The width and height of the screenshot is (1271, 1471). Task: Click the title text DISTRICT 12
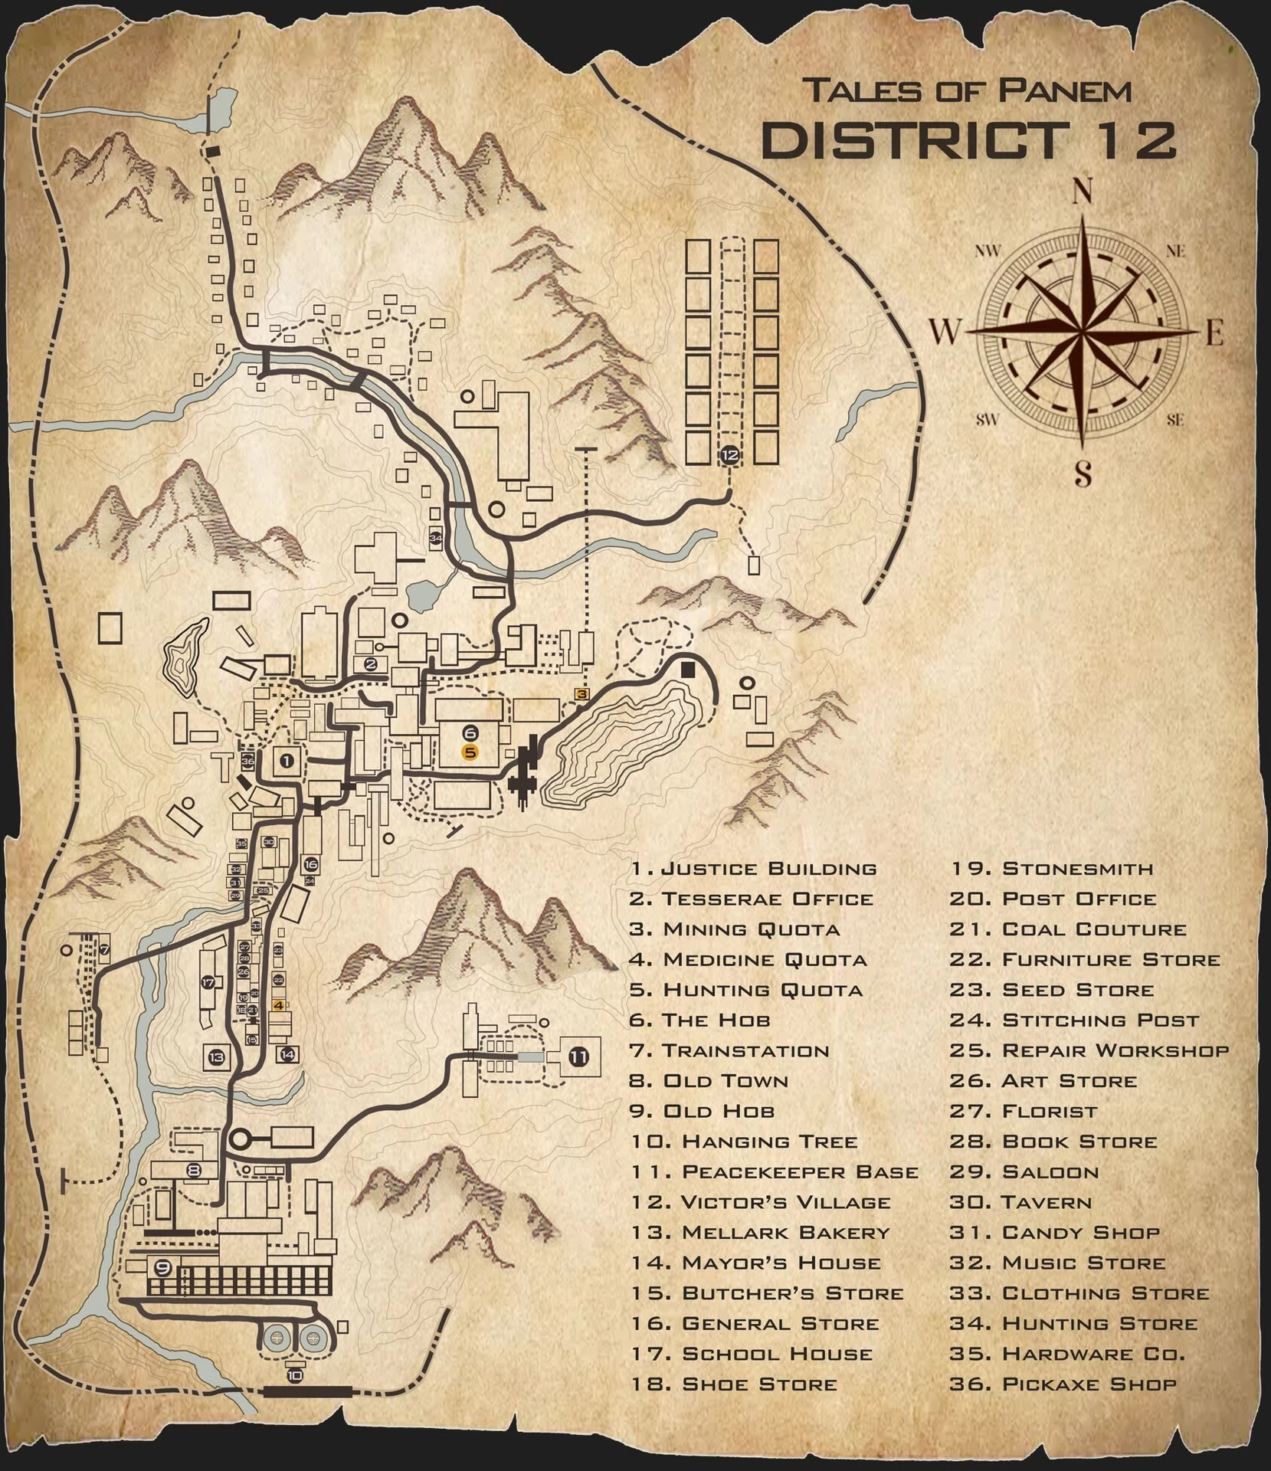click(x=968, y=140)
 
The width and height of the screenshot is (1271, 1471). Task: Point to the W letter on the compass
click(x=946, y=333)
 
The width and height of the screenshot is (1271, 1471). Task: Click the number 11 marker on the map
click(x=578, y=1058)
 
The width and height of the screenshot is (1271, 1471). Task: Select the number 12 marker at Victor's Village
click(x=729, y=455)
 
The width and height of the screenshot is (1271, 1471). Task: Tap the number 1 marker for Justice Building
click(x=287, y=761)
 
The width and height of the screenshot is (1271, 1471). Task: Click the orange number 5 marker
click(x=470, y=752)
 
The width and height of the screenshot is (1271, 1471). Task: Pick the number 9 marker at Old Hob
click(x=162, y=1266)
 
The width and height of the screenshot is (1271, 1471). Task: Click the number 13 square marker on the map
click(x=216, y=1058)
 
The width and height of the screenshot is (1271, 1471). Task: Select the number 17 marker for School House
click(x=208, y=982)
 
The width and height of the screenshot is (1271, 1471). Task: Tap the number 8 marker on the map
click(x=194, y=1170)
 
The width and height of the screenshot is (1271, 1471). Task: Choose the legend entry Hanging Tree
click(x=768, y=1141)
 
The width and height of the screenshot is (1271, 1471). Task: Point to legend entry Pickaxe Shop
click(x=1088, y=1384)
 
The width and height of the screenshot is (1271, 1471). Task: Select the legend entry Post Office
click(x=1079, y=899)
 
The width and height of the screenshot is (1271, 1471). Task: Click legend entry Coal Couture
click(x=1093, y=929)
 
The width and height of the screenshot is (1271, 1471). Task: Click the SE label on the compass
click(x=1175, y=419)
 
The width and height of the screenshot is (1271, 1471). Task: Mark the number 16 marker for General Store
click(x=310, y=864)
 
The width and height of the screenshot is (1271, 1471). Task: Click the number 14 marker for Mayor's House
click(x=287, y=1055)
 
